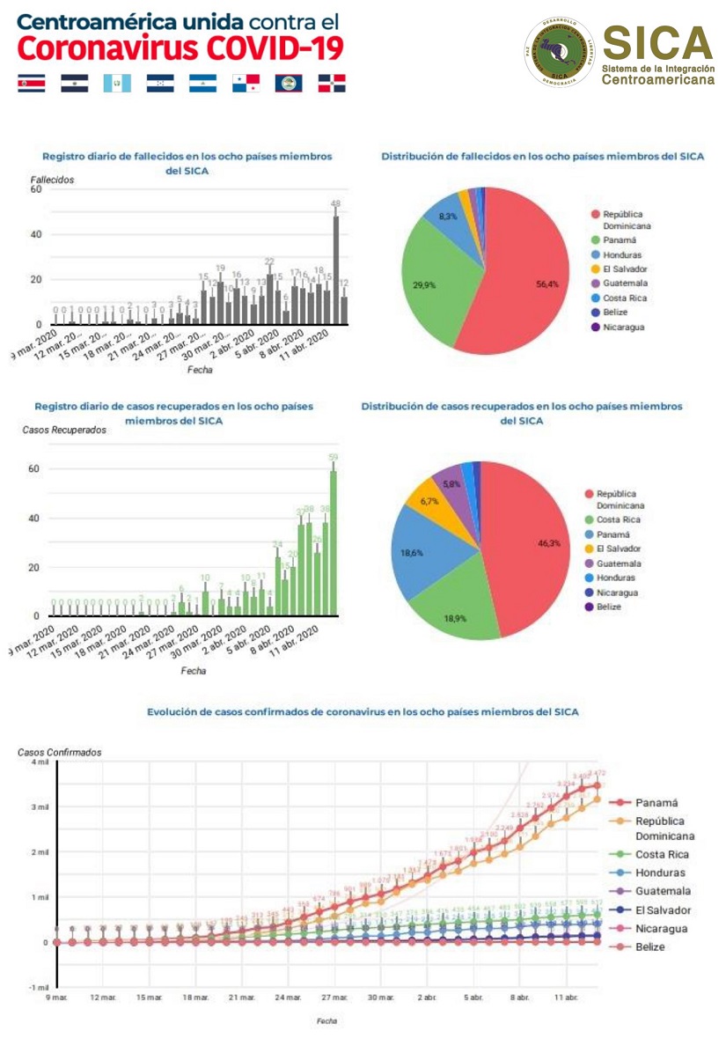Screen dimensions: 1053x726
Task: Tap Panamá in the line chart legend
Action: tap(656, 802)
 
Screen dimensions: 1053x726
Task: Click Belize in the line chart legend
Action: tap(651, 946)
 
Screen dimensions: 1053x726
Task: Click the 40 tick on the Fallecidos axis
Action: tap(36, 234)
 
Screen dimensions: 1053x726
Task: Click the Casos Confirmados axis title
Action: tap(60, 753)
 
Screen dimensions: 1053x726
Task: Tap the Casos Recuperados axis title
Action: tap(64, 430)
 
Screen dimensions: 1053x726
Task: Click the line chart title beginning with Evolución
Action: tap(363, 711)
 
